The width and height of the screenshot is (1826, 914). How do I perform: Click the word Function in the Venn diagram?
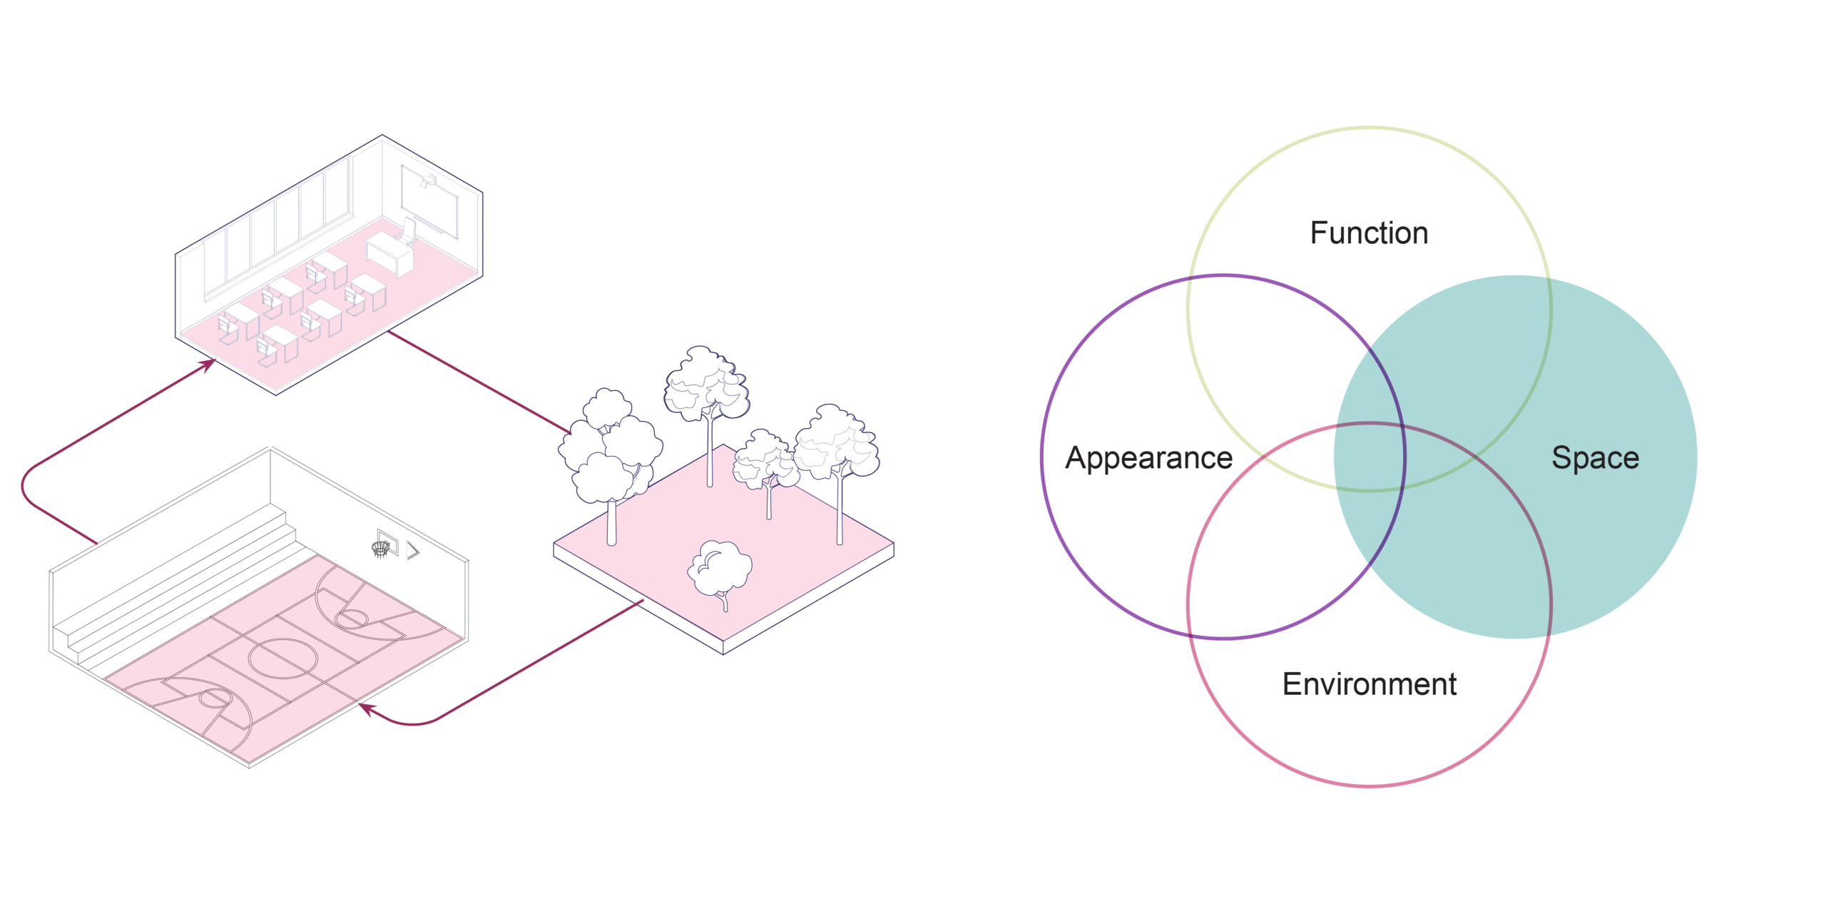[1369, 233]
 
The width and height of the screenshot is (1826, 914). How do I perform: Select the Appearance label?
[1148, 458]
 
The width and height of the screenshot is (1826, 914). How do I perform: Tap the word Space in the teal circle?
[1595, 458]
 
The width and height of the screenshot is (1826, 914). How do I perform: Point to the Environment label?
[1369, 684]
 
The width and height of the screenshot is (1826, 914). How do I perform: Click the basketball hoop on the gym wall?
[382, 548]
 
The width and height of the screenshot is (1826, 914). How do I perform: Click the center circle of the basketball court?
[282, 659]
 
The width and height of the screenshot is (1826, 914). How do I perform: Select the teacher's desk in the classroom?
[389, 254]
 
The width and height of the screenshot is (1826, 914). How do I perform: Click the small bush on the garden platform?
[720, 569]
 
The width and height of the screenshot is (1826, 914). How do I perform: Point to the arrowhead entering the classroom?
[208, 365]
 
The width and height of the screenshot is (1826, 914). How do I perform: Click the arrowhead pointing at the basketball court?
[366, 708]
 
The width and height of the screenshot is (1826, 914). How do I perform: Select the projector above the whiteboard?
[429, 180]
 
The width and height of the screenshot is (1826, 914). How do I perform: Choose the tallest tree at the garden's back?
[706, 389]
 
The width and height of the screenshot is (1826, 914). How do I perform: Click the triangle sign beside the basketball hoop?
[413, 550]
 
